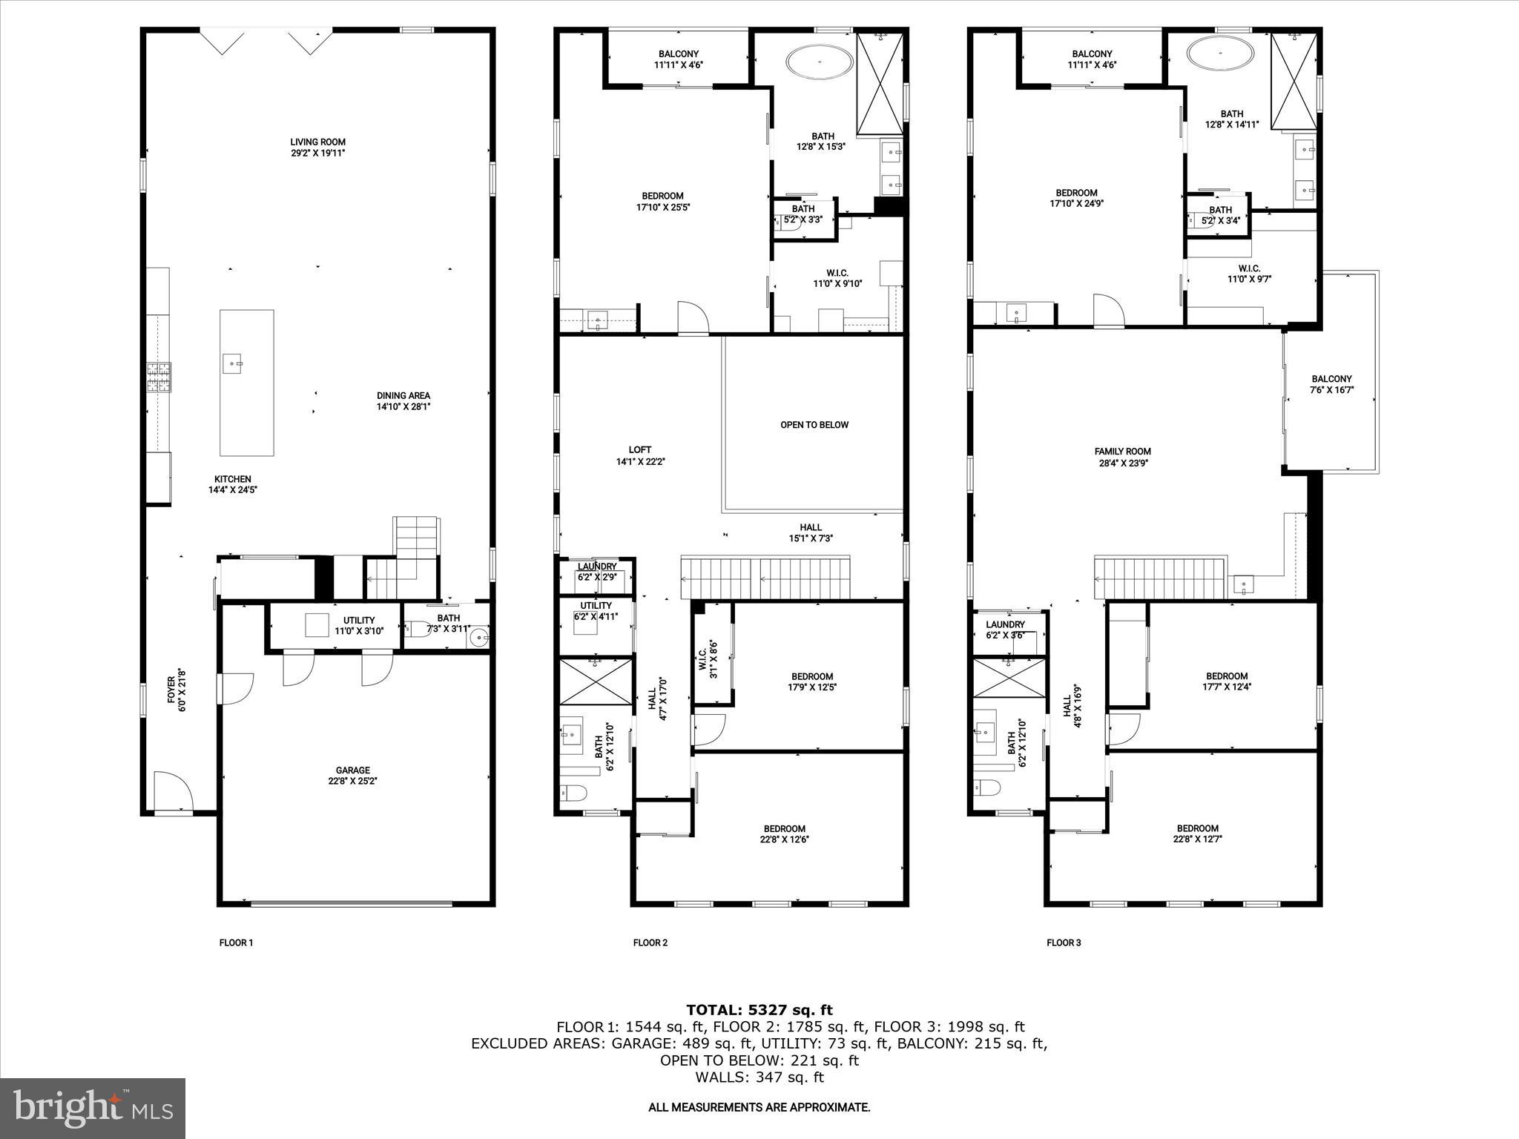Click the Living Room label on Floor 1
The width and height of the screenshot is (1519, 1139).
(317, 148)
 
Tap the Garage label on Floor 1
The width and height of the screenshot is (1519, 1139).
(352, 776)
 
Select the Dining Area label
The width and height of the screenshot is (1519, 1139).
(403, 401)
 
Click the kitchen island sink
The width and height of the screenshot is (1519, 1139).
(233, 363)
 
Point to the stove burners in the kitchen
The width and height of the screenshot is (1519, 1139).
(158, 377)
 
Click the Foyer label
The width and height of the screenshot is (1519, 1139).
(176, 694)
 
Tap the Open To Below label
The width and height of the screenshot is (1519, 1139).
(814, 425)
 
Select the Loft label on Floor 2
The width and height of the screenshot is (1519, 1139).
(639, 455)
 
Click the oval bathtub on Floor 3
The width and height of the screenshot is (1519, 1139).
(1221, 53)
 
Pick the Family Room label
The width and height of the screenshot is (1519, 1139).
(1122, 457)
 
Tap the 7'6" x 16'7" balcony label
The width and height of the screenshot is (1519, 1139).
(1331, 384)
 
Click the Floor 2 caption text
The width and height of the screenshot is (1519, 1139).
(650, 942)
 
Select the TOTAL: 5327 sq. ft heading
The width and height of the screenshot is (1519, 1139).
(759, 1009)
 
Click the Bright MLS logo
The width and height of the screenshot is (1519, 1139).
(93, 1108)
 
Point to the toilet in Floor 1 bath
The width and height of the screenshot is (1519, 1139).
(416, 630)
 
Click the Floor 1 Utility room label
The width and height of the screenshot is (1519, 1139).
(359, 625)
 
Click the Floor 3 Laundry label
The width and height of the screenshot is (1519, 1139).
(1005, 630)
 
